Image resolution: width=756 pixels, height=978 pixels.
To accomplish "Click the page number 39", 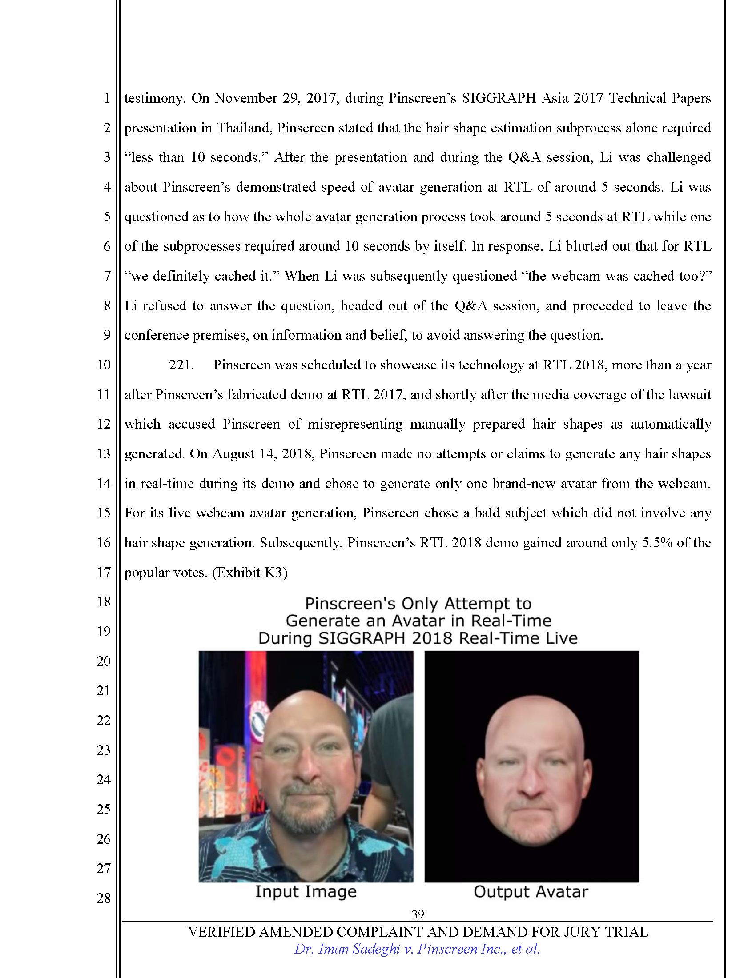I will point(418,914).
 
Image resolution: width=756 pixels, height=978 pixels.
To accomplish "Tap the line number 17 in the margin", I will point(104,572).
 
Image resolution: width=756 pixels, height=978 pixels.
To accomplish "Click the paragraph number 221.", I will point(181,365).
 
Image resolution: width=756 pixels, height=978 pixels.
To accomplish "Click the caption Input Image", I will point(306,891).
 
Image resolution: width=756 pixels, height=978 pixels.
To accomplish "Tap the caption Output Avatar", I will point(531,891).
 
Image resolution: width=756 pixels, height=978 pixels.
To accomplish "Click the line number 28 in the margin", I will point(104,898).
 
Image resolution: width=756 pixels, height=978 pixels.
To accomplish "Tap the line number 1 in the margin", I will point(107,98).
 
